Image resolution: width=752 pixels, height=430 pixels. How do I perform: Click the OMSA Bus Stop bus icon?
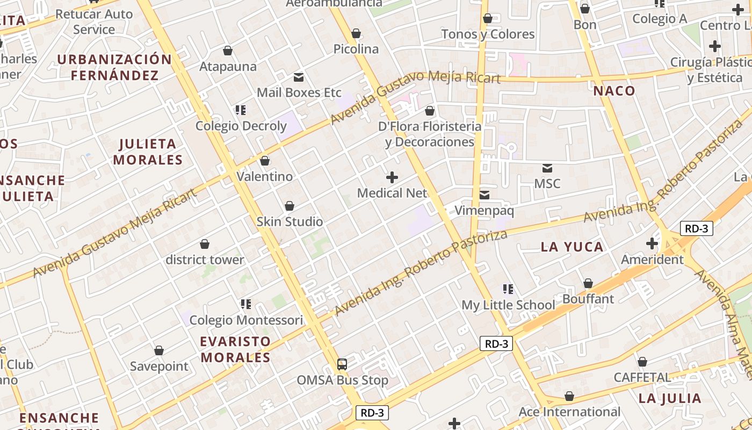(x=342, y=364)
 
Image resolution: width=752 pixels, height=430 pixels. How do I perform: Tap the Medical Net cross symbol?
(x=392, y=177)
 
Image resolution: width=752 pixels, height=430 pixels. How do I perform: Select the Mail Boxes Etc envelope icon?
(x=299, y=77)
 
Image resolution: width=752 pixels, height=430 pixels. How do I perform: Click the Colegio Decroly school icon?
(x=240, y=110)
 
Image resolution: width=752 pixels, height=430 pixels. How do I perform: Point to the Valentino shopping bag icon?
(x=265, y=161)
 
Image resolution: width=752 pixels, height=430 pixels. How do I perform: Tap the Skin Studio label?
(x=290, y=221)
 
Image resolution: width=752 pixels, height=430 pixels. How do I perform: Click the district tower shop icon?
(x=204, y=245)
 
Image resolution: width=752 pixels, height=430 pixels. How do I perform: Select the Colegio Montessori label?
(x=246, y=320)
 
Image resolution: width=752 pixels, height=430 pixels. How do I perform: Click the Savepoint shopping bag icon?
(x=159, y=351)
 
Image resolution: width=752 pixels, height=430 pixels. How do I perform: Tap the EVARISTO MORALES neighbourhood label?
(x=235, y=349)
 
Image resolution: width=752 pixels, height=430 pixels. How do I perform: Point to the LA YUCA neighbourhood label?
(x=572, y=247)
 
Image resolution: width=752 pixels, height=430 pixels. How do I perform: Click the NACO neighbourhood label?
(x=614, y=91)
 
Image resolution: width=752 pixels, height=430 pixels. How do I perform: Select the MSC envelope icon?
(x=547, y=168)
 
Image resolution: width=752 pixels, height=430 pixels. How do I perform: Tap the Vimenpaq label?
(x=484, y=211)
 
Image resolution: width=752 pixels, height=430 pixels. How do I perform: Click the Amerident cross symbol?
(x=652, y=243)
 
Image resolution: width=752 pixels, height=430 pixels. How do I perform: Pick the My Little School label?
(x=508, y=305)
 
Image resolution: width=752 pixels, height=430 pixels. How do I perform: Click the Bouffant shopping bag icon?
(x=588, y=283)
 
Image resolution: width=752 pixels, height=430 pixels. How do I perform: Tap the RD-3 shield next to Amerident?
(x=696, y=228)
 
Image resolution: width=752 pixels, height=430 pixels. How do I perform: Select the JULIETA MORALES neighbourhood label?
(x=148, y=152)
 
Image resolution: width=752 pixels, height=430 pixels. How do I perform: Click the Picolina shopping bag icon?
(x=356, y=34)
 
